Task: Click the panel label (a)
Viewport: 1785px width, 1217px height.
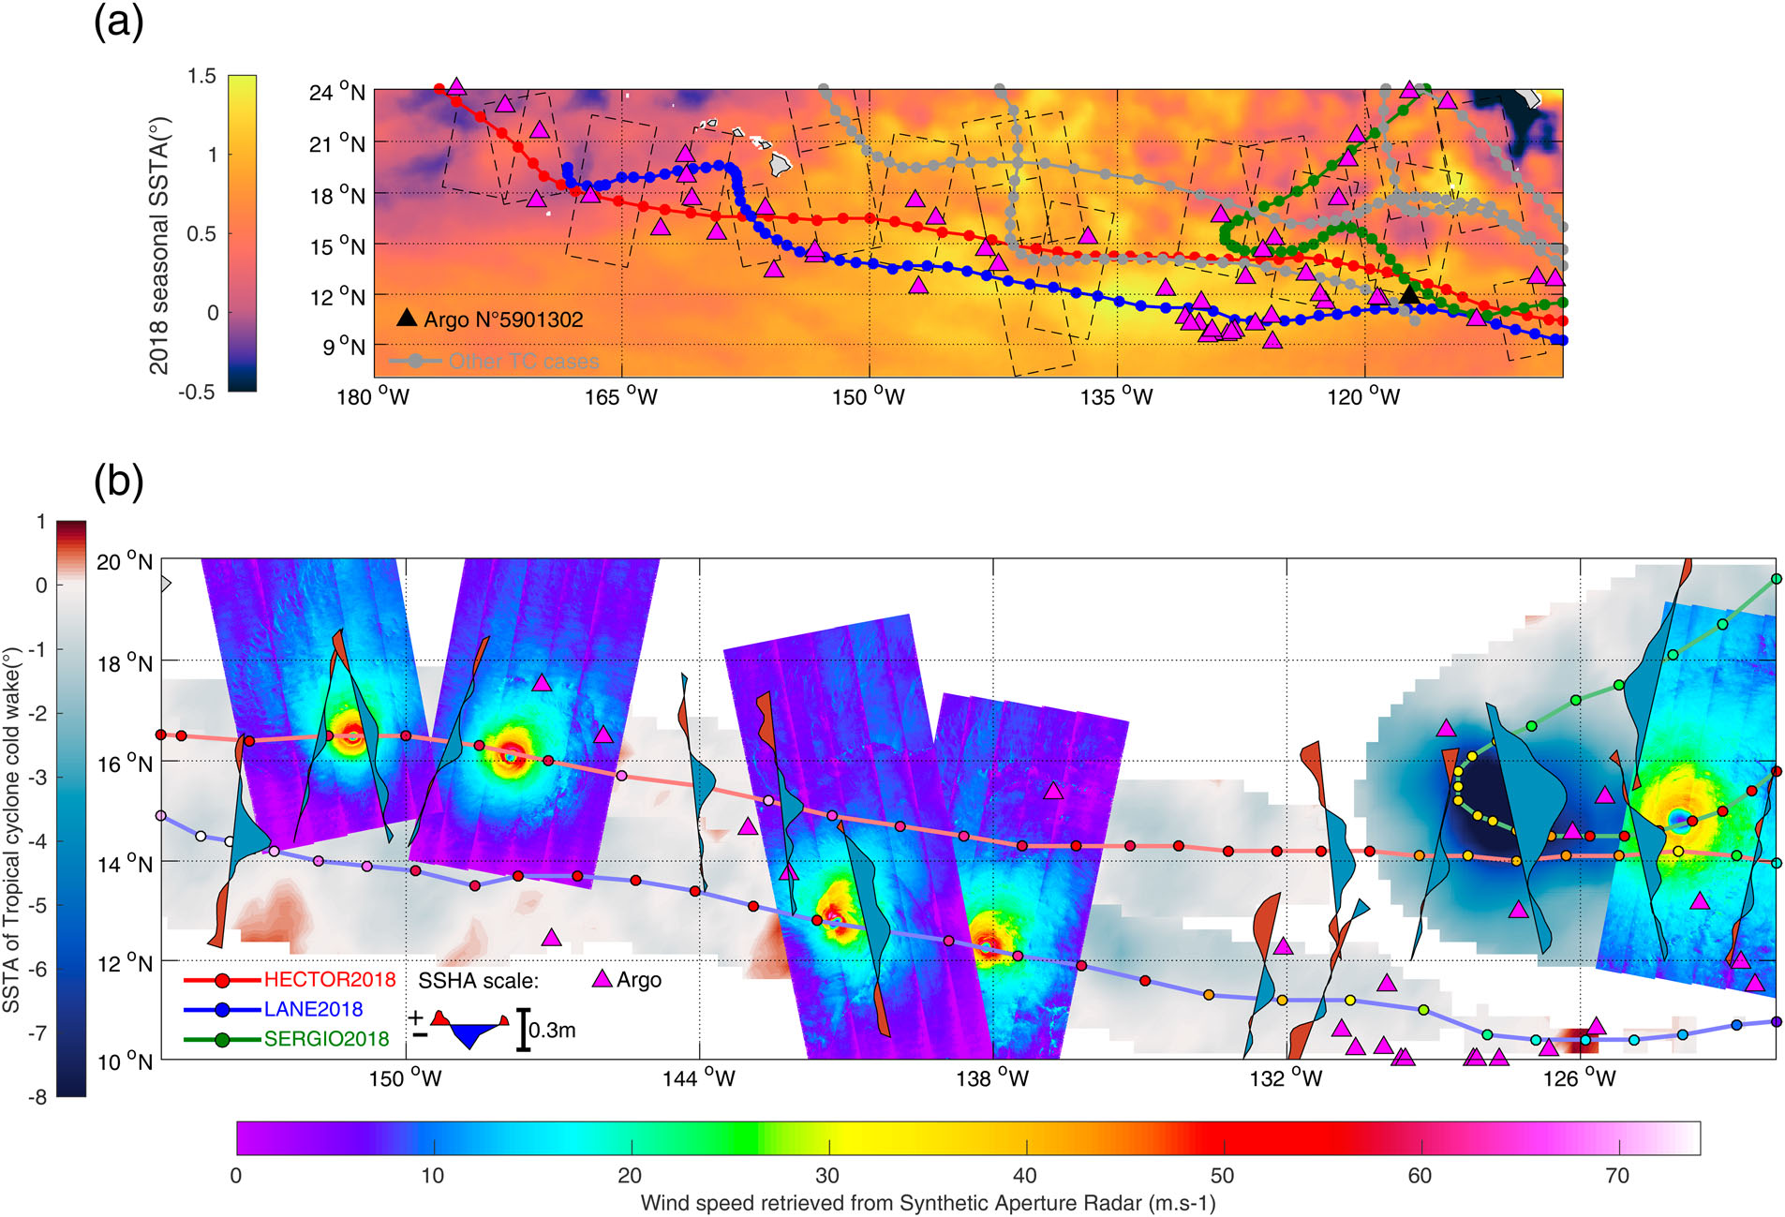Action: [x=119, y=22]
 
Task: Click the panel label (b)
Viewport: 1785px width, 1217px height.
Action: [x=119, y=482]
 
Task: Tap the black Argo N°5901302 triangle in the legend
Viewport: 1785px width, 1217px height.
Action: [x=406, y=318]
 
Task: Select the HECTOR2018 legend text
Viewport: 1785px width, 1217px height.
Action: [x=329, y=980]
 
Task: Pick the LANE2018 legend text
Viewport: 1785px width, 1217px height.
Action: [x=313, y=1009]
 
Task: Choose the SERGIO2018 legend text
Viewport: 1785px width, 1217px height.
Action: [x=326, y=1039]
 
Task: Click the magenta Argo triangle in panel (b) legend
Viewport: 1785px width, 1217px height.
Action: [x=602, y=980]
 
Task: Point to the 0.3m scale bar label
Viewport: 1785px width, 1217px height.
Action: [x=552, y=1031]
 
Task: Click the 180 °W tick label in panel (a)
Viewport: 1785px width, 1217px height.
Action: [x=373, y=397]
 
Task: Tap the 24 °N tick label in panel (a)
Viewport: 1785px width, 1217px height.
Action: [x=336, y=92]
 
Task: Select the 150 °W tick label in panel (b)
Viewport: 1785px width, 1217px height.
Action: [x=405, y=1078]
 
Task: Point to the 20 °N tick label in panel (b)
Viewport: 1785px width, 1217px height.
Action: [x=125, y=562]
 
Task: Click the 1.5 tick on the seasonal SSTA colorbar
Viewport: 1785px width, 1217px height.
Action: [x=201, y=76]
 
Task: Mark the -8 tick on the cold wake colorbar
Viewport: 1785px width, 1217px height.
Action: [x=37, y=1096]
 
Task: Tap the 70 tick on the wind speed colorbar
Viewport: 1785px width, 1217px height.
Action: [x=1618, y=1176]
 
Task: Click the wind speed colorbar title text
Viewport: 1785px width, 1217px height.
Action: [x=928, y=1203]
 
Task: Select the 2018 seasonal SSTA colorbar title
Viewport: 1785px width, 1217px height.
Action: [x=159, y=245]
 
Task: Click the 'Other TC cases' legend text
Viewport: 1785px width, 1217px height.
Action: [x=523, y=362]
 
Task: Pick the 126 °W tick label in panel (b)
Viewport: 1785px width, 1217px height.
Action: [x=1580, y=1078]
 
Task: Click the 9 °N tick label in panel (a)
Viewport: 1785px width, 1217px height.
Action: [x=344, y=347]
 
